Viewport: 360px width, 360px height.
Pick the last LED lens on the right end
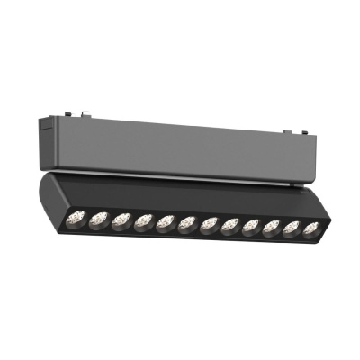310,229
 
